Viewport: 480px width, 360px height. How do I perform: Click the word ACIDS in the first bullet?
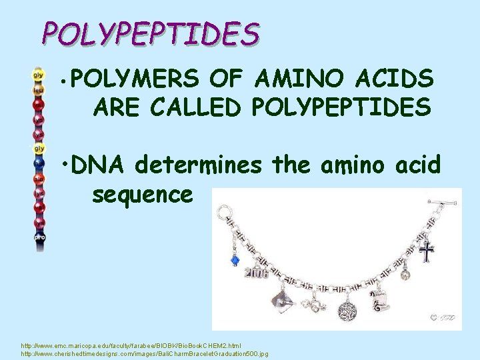coord(399,80)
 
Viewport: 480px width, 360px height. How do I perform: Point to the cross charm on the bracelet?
coord(427,252)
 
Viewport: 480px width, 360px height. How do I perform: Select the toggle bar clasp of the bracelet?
coord(443,201)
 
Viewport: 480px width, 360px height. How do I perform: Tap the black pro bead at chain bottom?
coord(39,236)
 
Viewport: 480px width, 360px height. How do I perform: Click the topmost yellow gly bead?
coord(39,75)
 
